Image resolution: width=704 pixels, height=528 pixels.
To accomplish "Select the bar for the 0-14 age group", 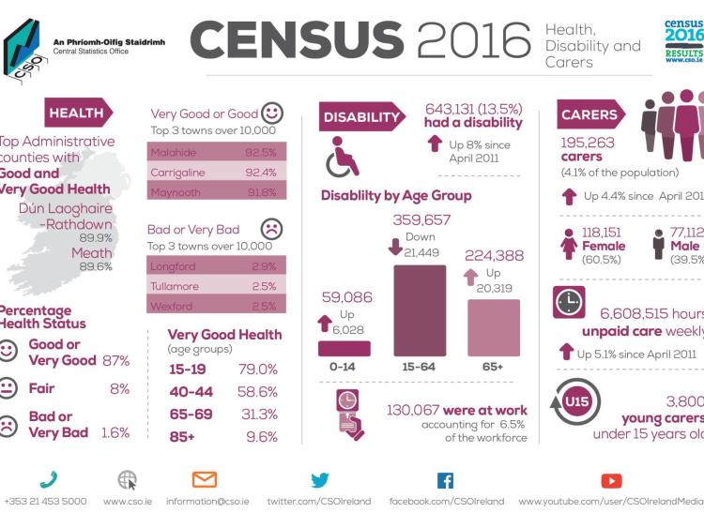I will coord(344,348).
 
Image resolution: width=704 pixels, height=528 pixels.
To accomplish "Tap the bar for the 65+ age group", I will coord(493,328).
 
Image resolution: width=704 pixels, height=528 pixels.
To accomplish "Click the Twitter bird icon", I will coord(319,480).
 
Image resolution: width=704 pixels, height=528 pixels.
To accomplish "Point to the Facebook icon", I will coord(445,480).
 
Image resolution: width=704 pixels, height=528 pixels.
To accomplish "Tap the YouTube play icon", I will coord(611,480).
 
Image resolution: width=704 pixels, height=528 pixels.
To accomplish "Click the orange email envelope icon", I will coord(204,480).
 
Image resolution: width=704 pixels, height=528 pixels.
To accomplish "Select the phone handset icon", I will coord(48,480).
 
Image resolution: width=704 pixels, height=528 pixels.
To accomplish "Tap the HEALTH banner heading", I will coord(77,113).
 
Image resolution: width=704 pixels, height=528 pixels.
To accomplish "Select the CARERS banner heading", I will coord(589,115).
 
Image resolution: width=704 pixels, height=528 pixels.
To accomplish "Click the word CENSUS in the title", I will coord(298,39).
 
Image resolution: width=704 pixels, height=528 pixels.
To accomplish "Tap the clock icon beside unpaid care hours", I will coord(569,303).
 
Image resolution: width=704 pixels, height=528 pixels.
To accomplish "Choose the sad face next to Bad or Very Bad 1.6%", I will coord(8,424).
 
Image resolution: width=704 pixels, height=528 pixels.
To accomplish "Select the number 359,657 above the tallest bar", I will coord(420,220).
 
